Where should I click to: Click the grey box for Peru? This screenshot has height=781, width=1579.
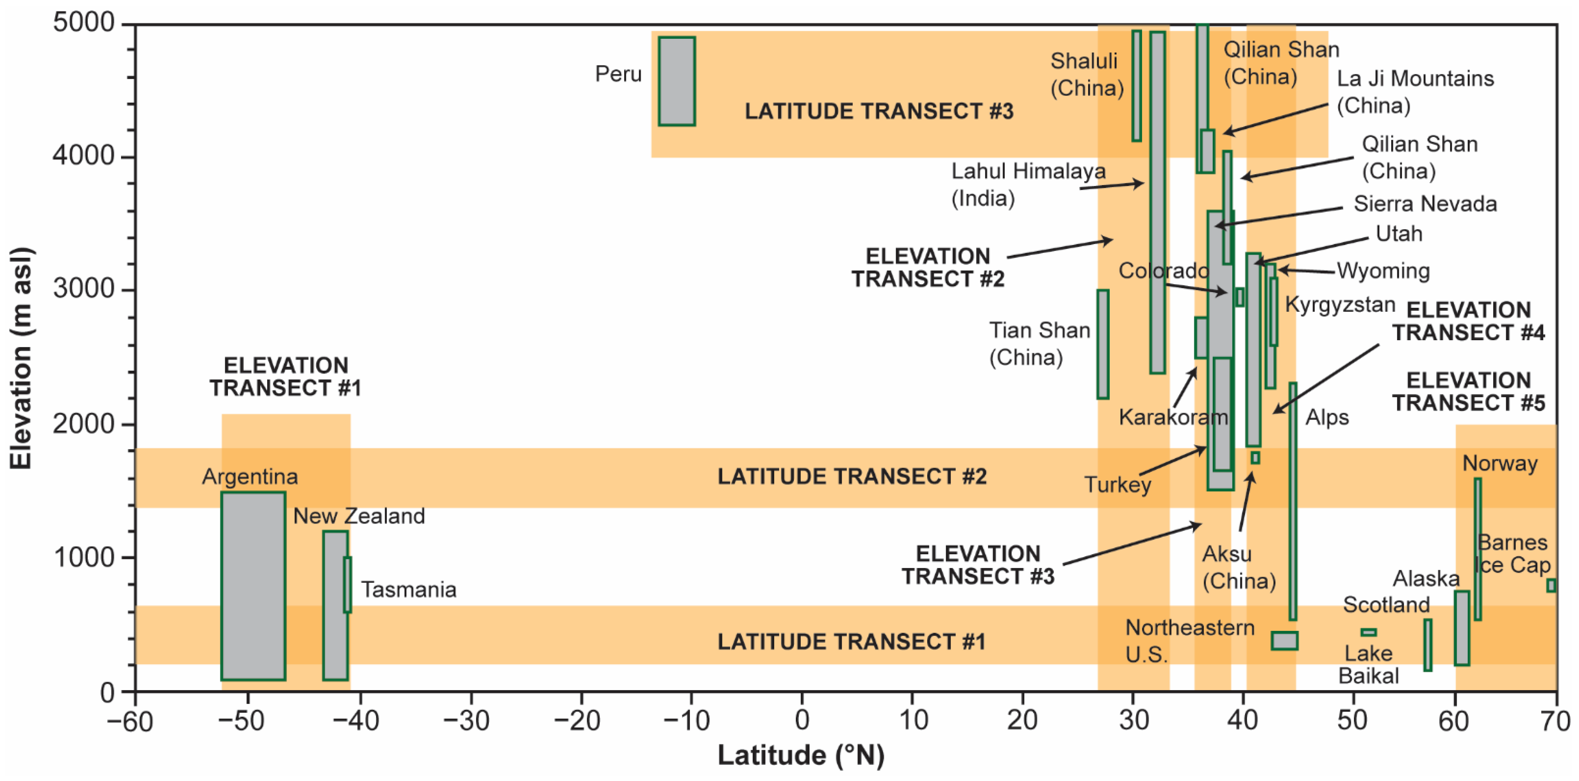tap(677, 82)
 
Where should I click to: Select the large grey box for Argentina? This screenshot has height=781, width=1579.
tap(253, 586)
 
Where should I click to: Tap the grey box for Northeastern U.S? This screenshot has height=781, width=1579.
tap(1284, 641)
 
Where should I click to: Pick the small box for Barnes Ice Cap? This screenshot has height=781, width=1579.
tap(1551, 586)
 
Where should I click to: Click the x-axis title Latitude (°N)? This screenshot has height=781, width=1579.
tap(801, 755)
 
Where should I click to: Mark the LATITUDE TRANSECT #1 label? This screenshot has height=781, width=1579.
tap(851, 642)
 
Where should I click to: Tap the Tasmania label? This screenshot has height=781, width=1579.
tap(409, 590)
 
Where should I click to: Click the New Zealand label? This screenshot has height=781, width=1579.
tap(359, 516)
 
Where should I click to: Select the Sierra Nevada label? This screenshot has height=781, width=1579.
tap(1425, 204)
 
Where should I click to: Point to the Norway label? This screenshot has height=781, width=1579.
tap(1500, 463)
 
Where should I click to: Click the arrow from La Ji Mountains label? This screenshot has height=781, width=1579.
tap(1275, 118)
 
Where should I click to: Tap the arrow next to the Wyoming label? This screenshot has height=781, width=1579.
tap(1306, 271)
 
